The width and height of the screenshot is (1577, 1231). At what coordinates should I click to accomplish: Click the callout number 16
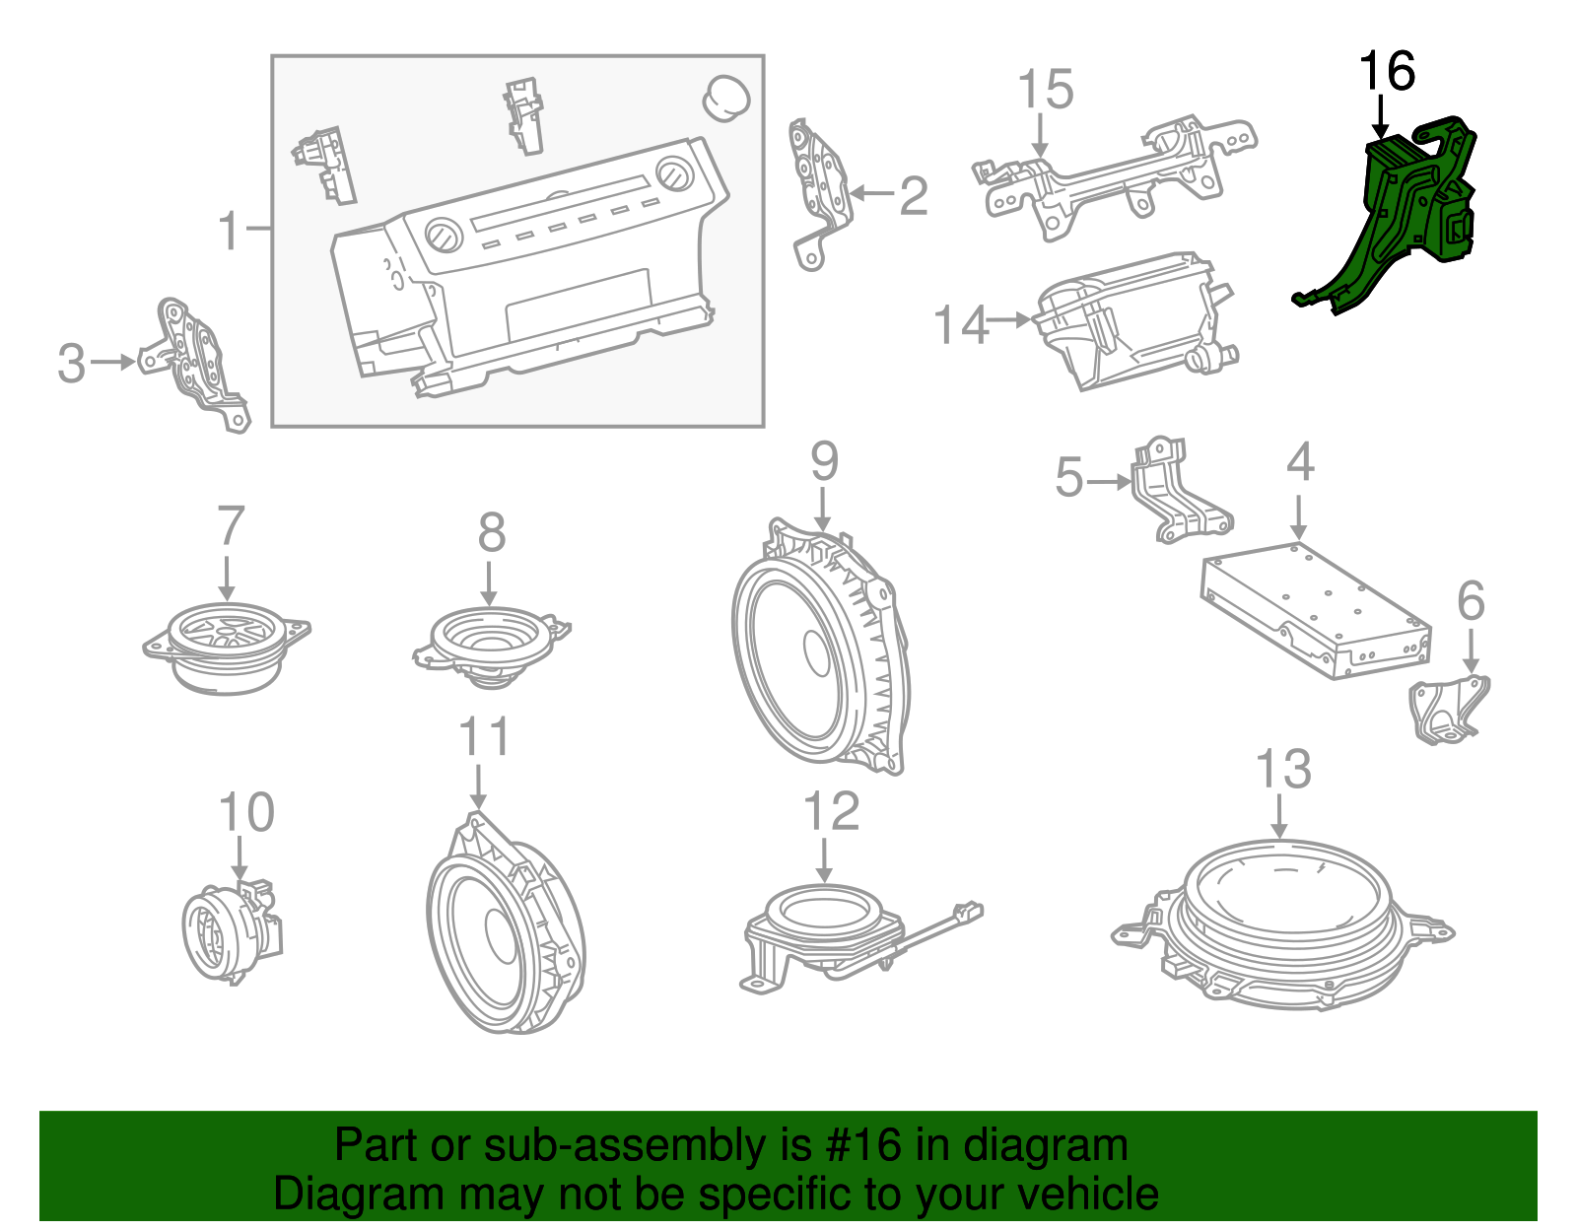(x=1387, y=71)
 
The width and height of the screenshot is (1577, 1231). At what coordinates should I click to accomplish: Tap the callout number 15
(x=1046, y=90)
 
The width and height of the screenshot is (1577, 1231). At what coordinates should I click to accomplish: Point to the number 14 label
(x=960, y=324)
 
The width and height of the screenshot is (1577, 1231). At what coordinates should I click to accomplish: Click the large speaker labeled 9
(x=820, y=646)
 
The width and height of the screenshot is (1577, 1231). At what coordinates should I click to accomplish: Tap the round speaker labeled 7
(x=227, y=648)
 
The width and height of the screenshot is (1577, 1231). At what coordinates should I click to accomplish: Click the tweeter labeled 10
(x=231, y=930)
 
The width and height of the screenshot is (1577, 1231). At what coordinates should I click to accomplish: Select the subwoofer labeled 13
(x=1282, y=924)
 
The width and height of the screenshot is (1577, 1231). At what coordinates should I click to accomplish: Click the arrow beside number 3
(x=113, y=362)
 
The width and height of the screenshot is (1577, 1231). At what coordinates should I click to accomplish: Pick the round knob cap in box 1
(x=726, y=99)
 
